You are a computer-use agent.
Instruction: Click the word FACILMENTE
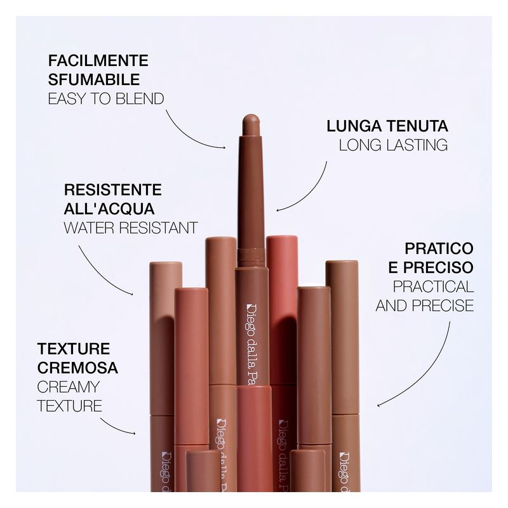point(98,61)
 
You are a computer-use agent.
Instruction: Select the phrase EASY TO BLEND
point(106,98)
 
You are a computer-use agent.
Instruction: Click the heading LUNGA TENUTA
point(387,125)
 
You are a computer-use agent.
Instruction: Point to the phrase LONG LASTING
point(393,145)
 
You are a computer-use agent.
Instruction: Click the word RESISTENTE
point(113,190)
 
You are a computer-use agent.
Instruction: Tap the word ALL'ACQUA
point(110,209)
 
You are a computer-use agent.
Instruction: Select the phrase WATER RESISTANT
point(131,227)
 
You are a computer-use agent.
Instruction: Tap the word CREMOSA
point(77,368)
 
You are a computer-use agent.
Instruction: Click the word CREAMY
point(69,387)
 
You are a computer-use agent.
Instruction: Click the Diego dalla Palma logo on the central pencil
point(249,343)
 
